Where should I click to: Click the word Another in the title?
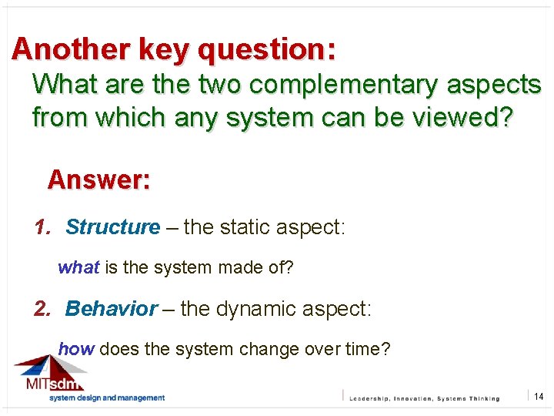click(x=72, y=49)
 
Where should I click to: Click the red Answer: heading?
click(x=98, y=180)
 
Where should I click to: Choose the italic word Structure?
click(x=112, y=227)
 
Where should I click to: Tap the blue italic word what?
click(x=78, y=268)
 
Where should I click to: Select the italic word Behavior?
click(x=112, y=309)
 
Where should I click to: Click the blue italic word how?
click(x=76, y=349)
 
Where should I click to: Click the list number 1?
click(x=42, y=227)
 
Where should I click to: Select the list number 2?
click(x=42, y=309)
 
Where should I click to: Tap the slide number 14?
click(x=539, y=397)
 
